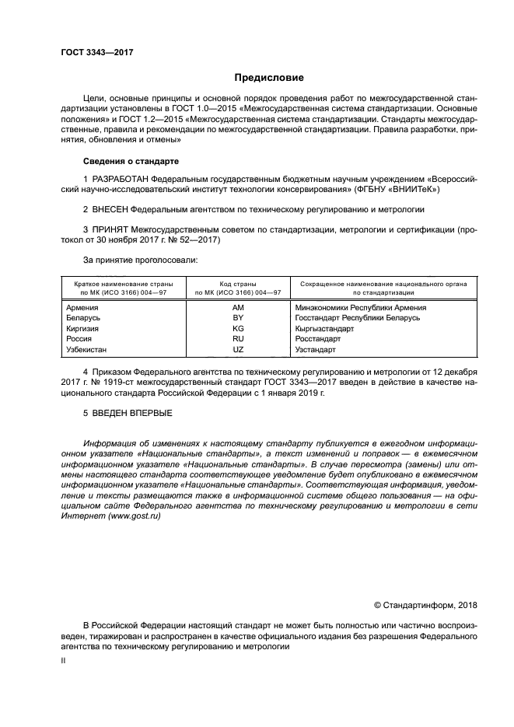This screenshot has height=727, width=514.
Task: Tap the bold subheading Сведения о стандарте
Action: click(x=131, y=161)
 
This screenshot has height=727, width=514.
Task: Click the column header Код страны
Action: click(x=239, y=285)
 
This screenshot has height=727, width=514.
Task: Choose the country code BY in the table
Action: click(x=239, y=318)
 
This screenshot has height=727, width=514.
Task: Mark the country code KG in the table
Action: click(x=239, y=329)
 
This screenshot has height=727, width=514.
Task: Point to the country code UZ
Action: click(x=239, y=350)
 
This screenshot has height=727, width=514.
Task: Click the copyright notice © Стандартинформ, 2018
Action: click(x=425, y=606)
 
